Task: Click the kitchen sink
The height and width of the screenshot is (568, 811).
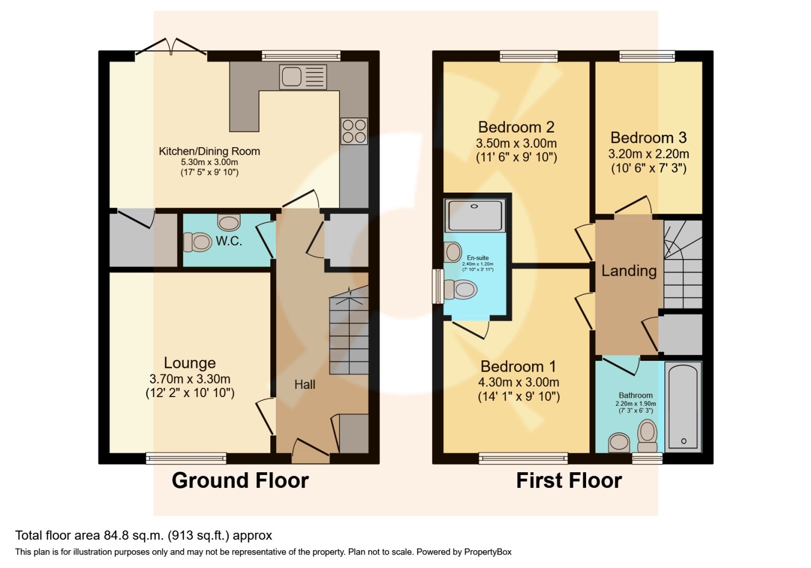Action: [x=303, y=76]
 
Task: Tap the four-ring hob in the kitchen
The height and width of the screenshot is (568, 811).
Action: [x=354, y=131]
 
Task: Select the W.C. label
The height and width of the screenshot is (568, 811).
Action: [x=229, y=241]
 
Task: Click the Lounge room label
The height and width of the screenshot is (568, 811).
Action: [x=190, y=363]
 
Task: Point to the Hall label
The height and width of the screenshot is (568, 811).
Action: [x=304, y=385]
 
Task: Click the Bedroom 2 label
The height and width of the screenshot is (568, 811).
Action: [x=516, y=127]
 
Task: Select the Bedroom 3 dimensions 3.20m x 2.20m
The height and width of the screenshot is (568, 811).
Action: [x=648, y=154]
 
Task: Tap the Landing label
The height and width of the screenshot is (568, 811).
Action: [x=629, y=270]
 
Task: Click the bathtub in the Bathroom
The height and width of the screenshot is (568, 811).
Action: [x=683, y=406]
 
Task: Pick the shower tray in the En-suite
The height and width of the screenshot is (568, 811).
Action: [x=475, y=215]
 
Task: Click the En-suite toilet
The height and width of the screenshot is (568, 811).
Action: [x=460, y=289]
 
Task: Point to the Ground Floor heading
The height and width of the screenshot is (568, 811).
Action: [x=240, y=480]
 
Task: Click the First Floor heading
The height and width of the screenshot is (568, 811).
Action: [x=569, y=480]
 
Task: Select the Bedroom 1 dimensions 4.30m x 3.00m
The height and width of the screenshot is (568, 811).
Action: [x=518, y=382]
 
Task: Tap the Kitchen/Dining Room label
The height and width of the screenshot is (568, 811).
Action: [x=209, y=151]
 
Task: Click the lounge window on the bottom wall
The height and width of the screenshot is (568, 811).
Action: [x=186, y=458]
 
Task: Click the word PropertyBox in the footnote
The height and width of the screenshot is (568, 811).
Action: [x=488, y=552]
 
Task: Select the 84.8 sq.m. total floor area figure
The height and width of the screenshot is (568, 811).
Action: [x=134, y=536]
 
